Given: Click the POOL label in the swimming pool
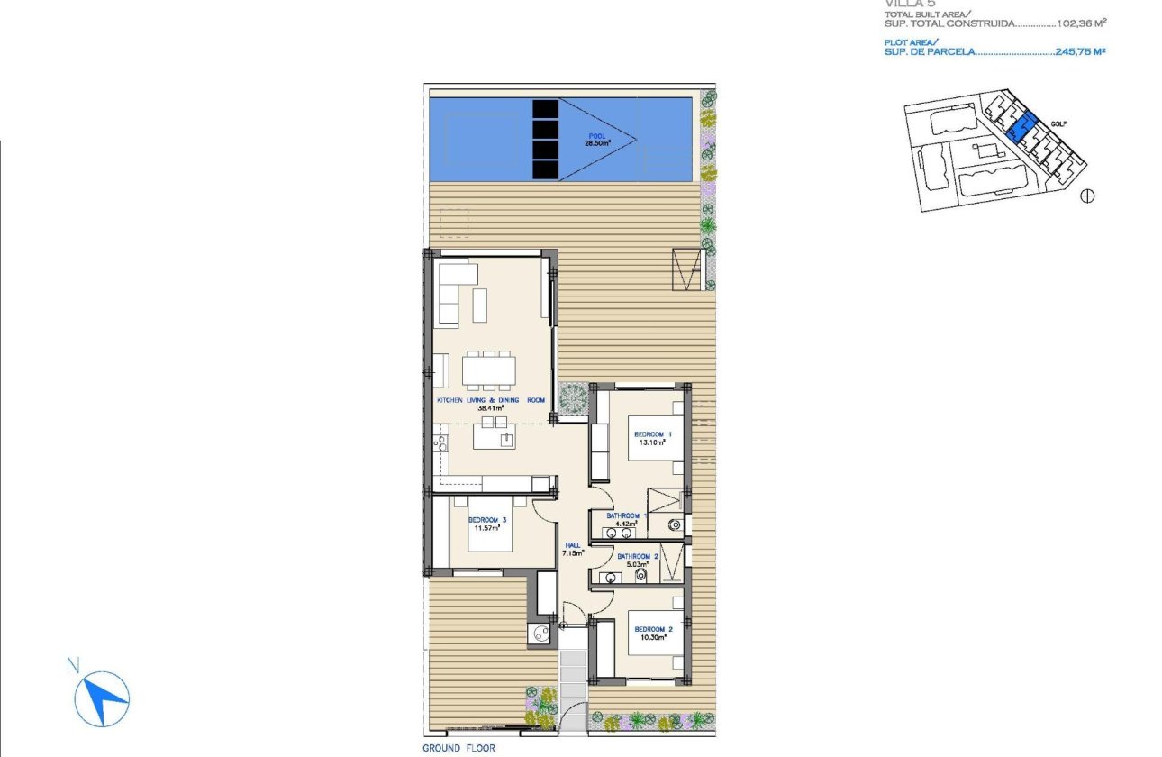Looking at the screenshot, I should tap(593, 137).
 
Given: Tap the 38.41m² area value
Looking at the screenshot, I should tap(492, 406).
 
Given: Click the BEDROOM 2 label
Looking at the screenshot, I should tap(654, 629).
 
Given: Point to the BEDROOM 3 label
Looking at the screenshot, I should tap(487, 520).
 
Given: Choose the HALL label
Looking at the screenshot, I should tap(572, 545).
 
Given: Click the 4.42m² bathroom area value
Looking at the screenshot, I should tap(626, 523).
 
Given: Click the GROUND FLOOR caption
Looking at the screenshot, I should tap(458, 748).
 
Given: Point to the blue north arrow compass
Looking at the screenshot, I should tap(102, 699).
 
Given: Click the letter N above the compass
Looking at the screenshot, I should tap(73, 666).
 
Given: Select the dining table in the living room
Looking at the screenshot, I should tap(490, 370).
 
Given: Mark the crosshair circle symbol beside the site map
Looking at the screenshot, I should tap(1087, 196).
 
